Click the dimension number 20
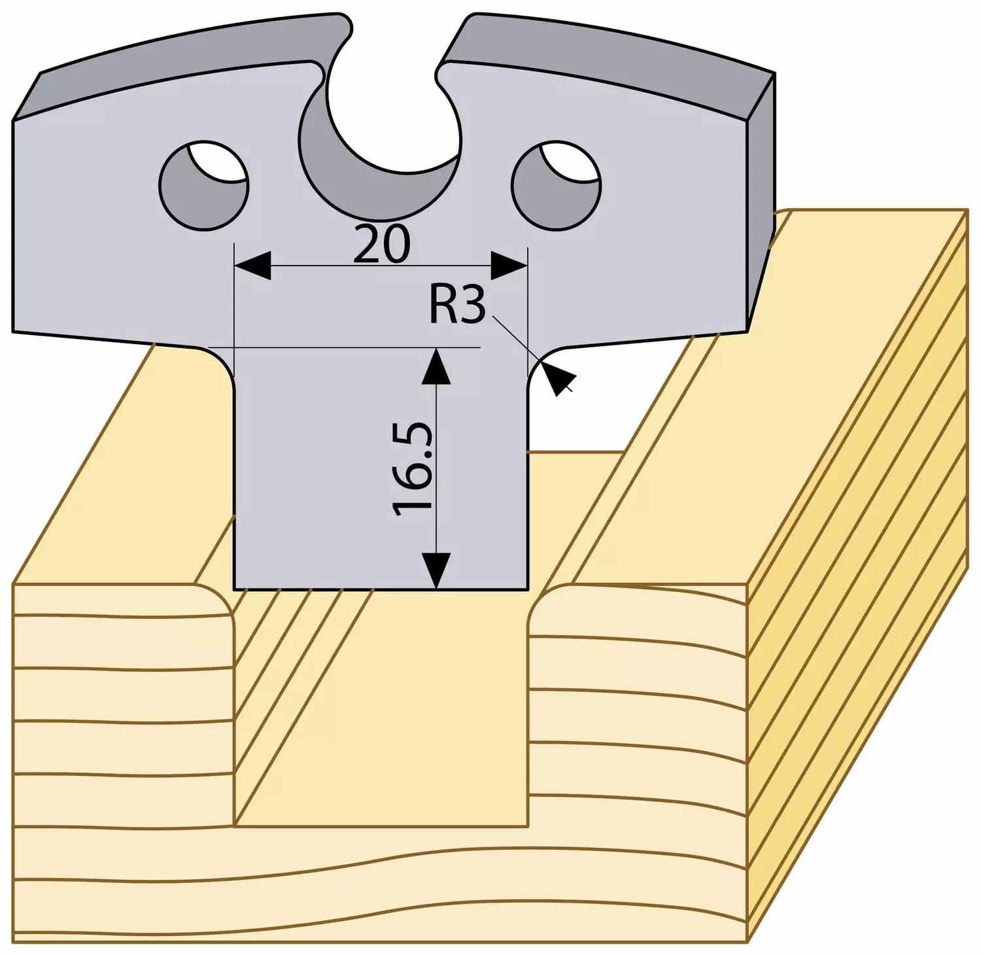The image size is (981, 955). (x=382, y=244)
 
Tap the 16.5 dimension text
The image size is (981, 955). (x=413, y=469)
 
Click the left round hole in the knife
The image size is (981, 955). (x=203, y=185)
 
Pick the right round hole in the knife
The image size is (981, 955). (x=556, y=185)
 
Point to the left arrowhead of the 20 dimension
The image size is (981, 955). (x=252, y=266)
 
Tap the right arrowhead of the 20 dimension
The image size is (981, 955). (x=509, y=266)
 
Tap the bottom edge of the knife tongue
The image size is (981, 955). (x=381, y=589)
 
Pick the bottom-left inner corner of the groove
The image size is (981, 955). (x=235, y=826)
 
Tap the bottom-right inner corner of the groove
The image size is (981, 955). (x=528, y=826)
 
